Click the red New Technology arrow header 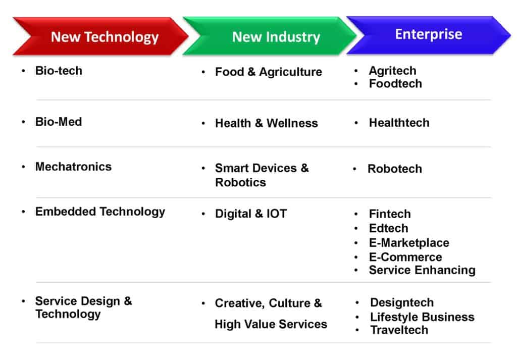(x=100, y=36)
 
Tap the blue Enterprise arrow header (x=429, y=35)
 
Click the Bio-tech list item (x=59, y=71)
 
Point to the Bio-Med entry (x=59, y=122)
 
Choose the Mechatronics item (x=74, y=167)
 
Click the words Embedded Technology (x=100, y=212)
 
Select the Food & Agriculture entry (x=269, y=72)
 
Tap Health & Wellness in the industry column (x=267, y=123)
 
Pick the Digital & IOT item (x=251, y=214)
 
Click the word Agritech (x=392, y=71)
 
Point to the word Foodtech (x=395, y=84)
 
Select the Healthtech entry (x=399, y=123)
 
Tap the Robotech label (x=395, y=169)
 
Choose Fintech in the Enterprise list (x=390, y=214)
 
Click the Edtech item (x=388, y=228)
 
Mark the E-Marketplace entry (x=409, y=243)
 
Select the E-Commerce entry (x=405, y=257)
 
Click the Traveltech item (x=399, y=330)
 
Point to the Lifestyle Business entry (x=423, y=317)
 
